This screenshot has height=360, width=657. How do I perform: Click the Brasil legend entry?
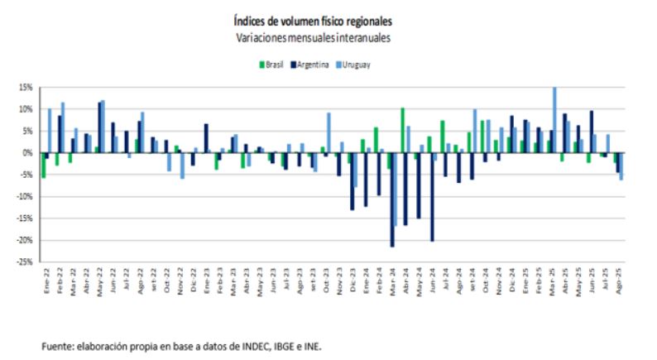[x=273, y=65]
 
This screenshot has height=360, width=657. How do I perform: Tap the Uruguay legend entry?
[x=357, y=65]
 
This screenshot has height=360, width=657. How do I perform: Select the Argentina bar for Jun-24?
[x=432, y=197]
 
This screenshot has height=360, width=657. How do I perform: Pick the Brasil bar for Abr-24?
[x=402, y=130]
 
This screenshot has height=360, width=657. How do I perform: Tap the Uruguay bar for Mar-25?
[x=554, y=120]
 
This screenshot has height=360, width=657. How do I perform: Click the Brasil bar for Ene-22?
[x=43, y=165]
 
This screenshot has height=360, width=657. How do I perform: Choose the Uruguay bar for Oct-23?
[x=328, y=132]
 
